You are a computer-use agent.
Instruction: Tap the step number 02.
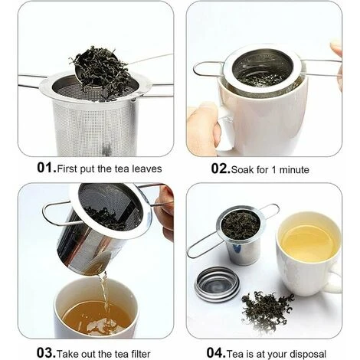tap(220, 168)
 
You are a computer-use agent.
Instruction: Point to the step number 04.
tap(216, 352)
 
